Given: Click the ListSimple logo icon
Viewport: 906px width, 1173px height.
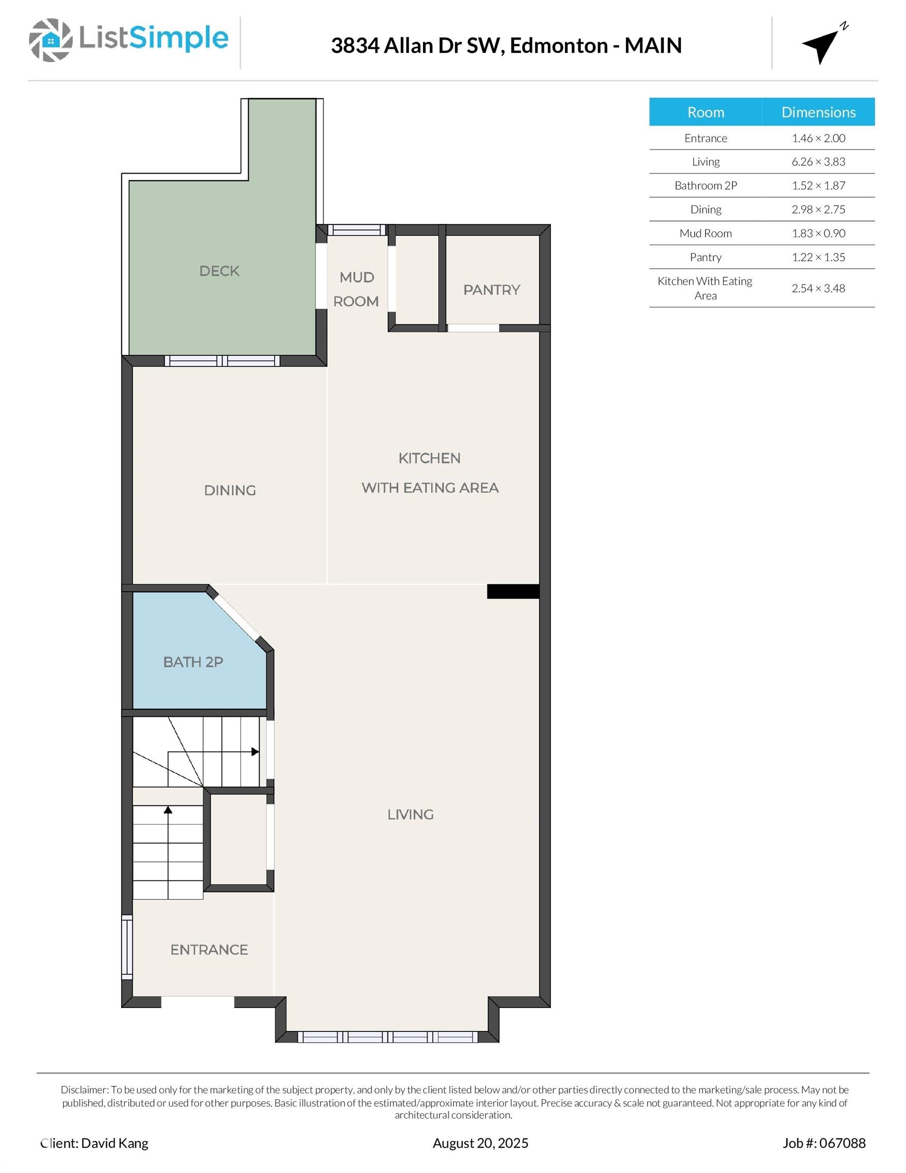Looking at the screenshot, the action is pos(51,40).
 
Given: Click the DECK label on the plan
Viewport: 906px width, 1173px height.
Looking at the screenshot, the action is pos(219,271).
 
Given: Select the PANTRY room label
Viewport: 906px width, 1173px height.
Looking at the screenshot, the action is pos(491,290).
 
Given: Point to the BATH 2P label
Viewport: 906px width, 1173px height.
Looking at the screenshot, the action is pos(193,662).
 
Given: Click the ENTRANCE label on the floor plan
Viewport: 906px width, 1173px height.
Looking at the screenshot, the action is pos(209,949).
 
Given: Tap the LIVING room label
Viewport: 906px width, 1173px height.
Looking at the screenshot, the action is pos(410,814).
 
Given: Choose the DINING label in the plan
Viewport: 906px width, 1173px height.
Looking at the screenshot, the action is pos(230,490).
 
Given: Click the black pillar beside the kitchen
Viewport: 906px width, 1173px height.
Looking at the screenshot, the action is pos(513,591).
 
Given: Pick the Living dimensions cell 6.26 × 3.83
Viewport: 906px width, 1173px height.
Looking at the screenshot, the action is pos(818,162).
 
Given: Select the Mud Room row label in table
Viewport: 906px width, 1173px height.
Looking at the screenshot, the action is pos(705,233).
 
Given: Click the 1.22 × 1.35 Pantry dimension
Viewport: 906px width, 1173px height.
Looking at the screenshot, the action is pos(818,257).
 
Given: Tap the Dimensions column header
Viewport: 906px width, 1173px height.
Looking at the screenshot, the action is pos(818,111).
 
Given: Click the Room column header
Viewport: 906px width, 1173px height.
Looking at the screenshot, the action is pos(705,111).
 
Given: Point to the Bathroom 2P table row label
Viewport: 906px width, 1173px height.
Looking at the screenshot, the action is pos(705,185).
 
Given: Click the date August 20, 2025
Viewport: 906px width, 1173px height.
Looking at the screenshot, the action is pos(480,1143).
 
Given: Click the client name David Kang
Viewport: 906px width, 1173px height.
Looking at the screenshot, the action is pos(115,1143).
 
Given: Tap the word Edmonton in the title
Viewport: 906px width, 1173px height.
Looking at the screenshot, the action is pos(558,46).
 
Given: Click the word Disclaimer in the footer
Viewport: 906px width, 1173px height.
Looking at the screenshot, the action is pos(85,1090).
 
